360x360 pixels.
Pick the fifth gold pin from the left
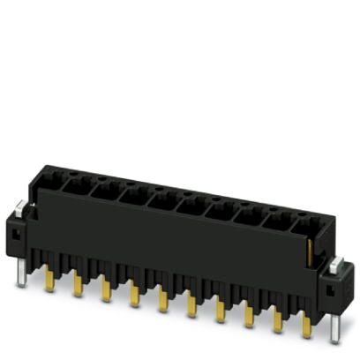[162, 301]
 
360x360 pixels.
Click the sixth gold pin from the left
[191, 307]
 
